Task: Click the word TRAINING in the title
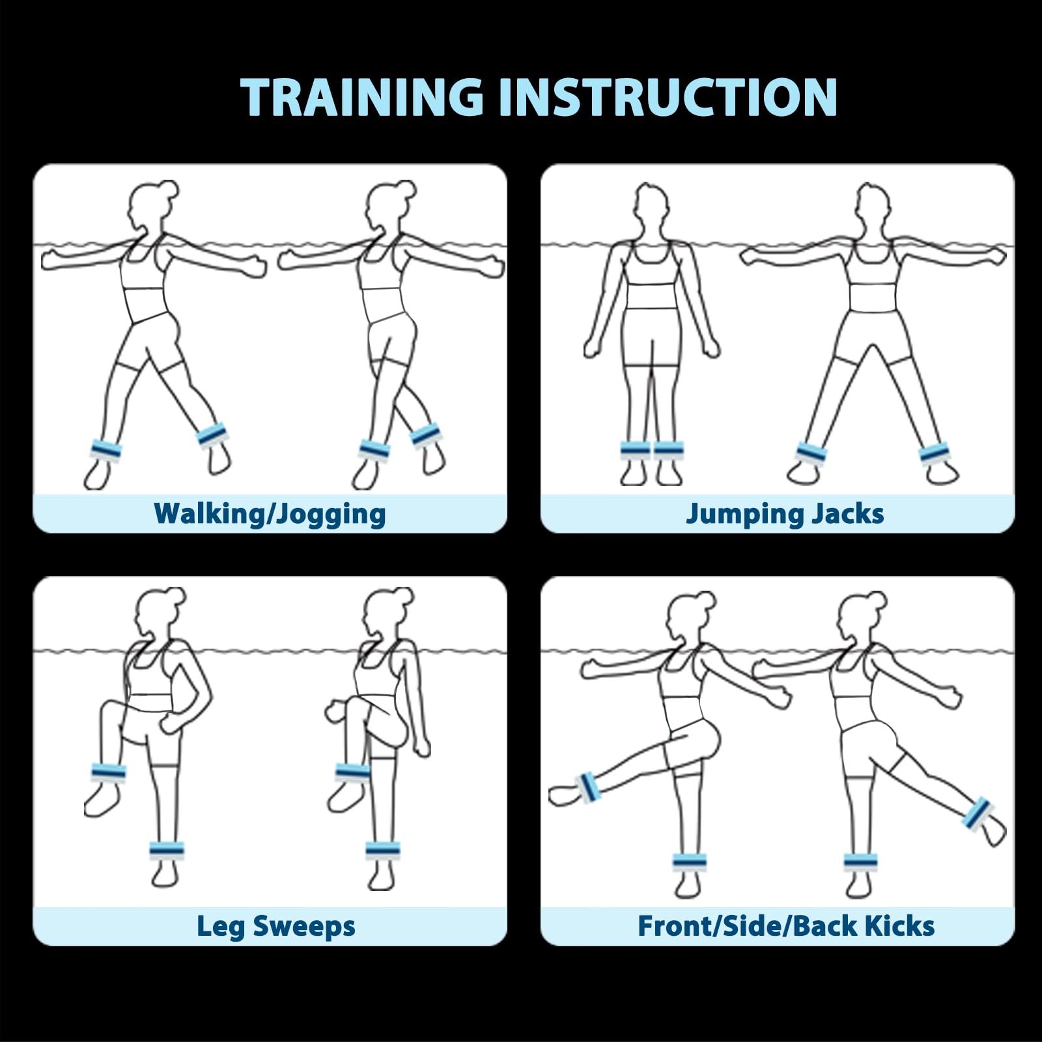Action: pos(362,97)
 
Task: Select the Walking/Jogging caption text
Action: pos(270,514)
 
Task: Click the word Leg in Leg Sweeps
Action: pos(221,927)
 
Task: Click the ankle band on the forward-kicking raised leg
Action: pos(588,787)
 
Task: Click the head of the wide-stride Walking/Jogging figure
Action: pos(152,205)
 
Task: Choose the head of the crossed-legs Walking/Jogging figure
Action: pos(389,205)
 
